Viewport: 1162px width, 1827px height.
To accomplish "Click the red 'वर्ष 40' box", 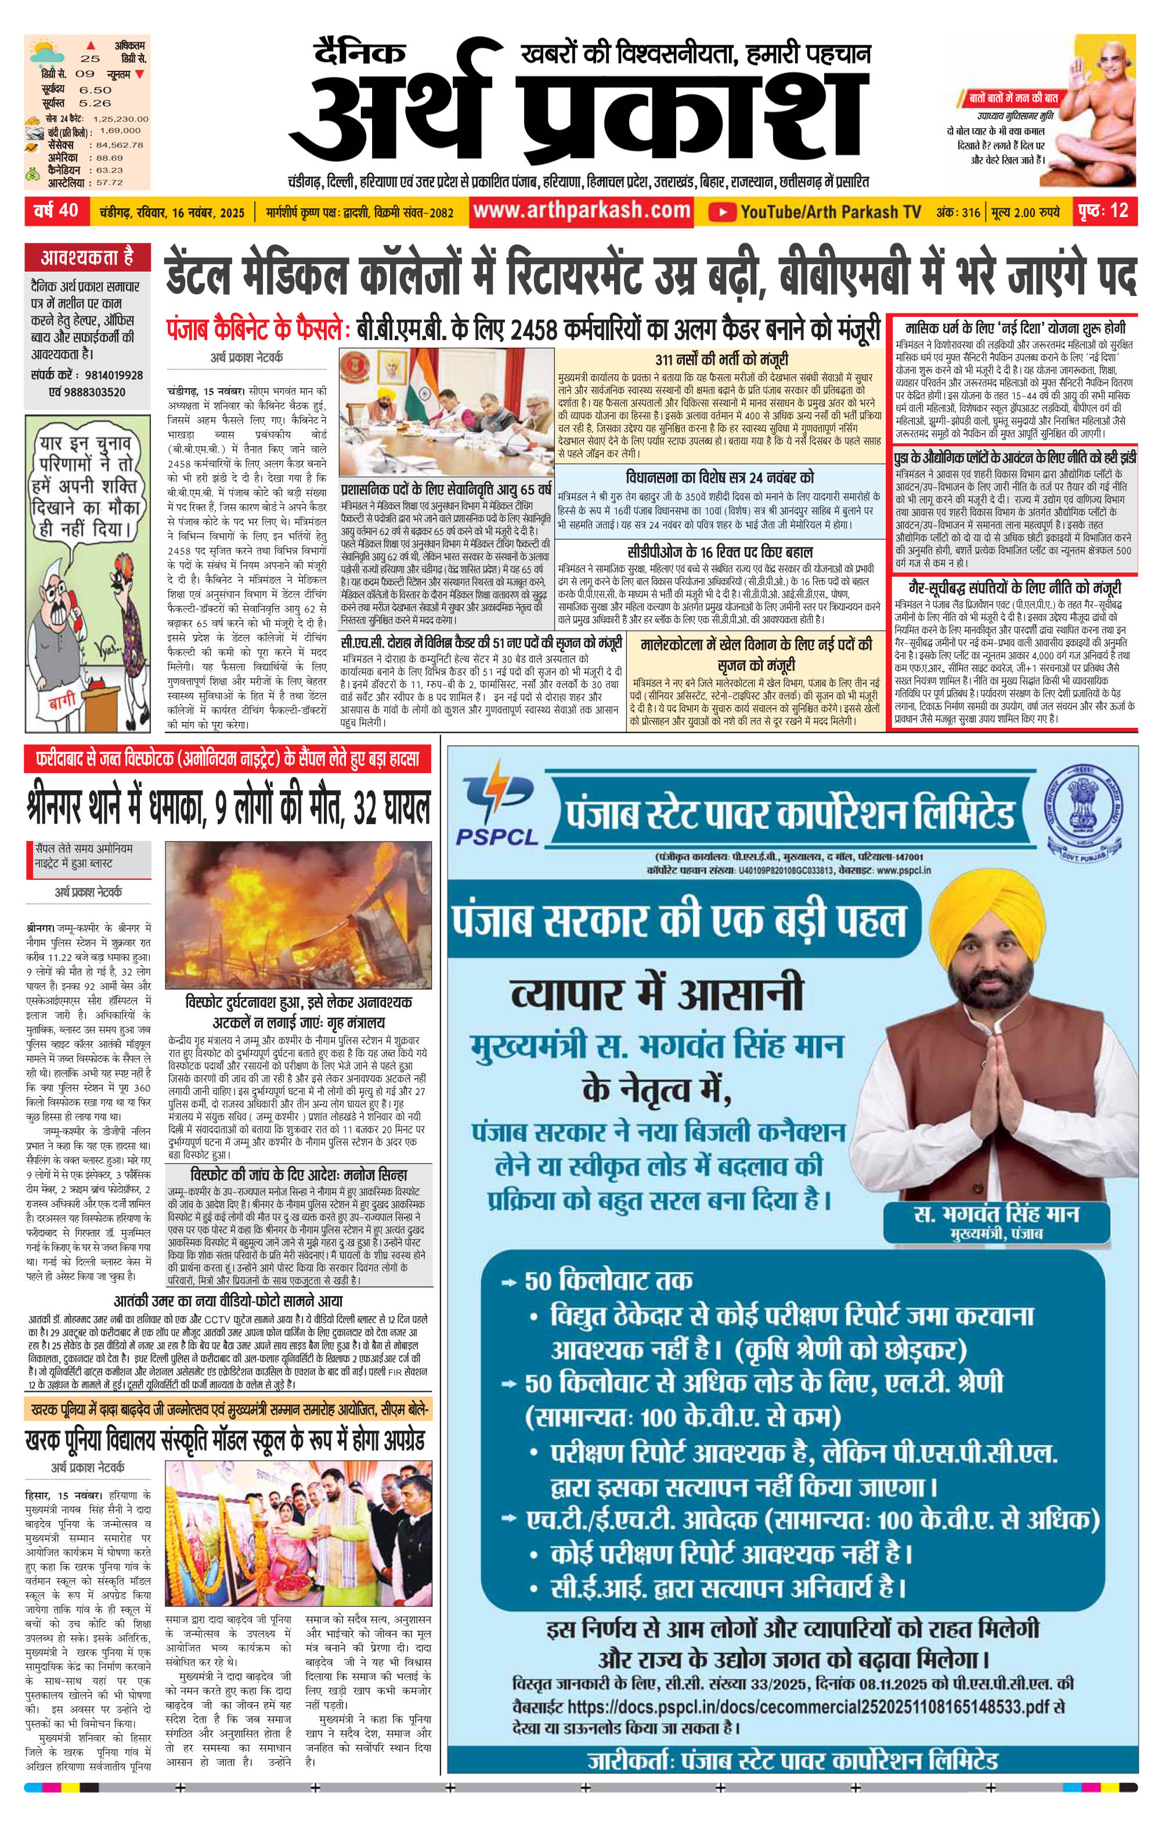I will (x=56, y=210).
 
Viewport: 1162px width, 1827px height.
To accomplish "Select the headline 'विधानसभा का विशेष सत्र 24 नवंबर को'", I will (x=720, y=478).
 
